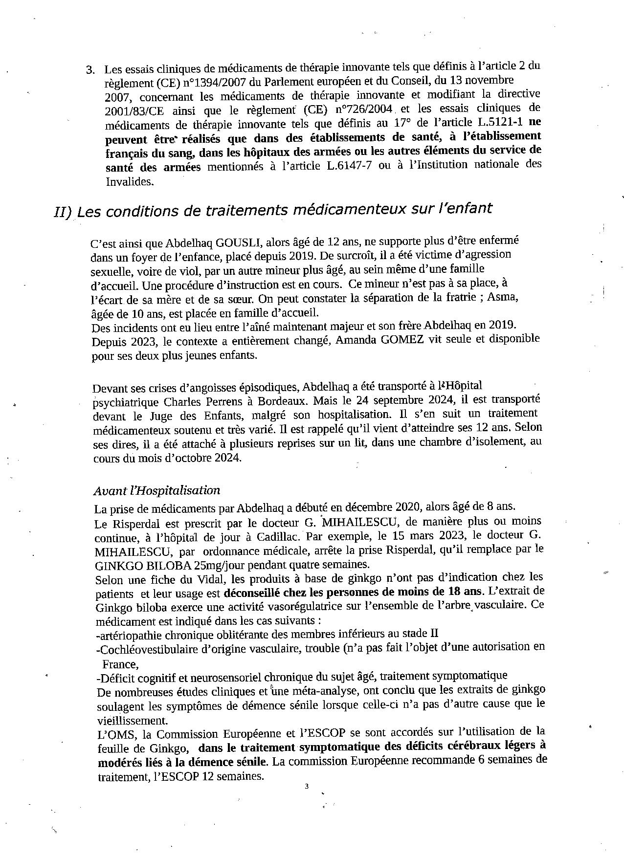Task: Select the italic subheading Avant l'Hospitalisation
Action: (157, 490)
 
